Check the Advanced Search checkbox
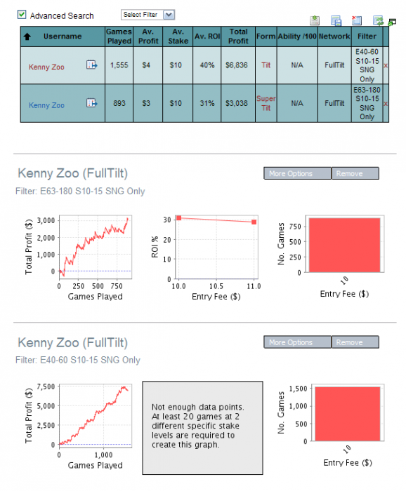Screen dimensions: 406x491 [22, 15]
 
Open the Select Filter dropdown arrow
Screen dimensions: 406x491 [169, 15]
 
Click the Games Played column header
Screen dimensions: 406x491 [119, 36]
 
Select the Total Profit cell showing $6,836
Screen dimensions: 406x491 [237, 65]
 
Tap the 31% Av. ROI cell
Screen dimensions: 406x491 [207, 103]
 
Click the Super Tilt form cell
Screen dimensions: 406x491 [266, 103]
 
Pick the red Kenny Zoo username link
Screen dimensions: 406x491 [46, 67]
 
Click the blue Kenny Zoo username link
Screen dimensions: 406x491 [46, 105]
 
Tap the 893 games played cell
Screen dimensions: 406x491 [119, 103]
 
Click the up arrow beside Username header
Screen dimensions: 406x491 [27, 36]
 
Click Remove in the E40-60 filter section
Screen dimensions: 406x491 [355, 342]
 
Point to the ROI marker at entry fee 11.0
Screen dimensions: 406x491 [254, 222]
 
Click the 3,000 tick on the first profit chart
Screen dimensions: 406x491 [46, 220]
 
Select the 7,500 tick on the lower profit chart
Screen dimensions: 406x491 [46, 386]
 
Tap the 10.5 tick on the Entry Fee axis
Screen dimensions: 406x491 [216, 286]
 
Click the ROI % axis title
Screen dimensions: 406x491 [155, 247]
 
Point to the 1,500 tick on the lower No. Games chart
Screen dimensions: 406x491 [298, 389]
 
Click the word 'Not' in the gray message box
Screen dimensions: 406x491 [158, 407]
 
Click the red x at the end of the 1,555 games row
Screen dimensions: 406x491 [386, 65]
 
